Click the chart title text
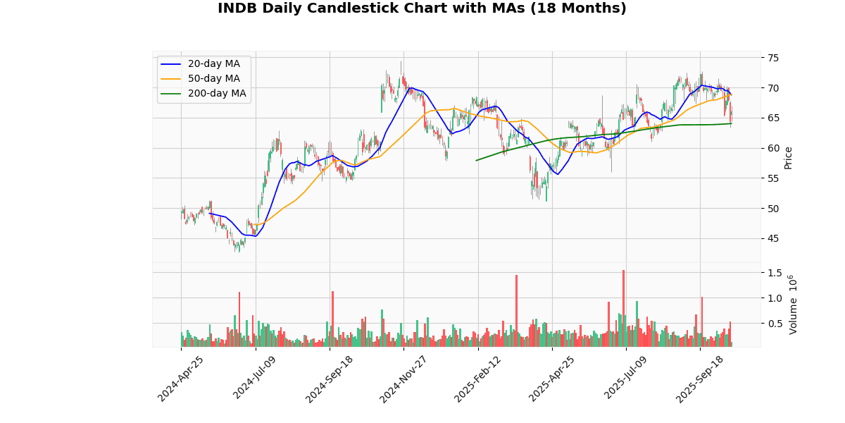click(x=422, y=8)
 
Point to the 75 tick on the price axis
click(x=772, y=58)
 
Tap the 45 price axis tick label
click(x=772, y=238)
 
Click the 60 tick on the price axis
click(x=772, y=148)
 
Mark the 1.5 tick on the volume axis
click(x=775, y=273)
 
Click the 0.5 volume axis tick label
click(x=775, y=324)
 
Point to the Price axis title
click(x=789, y=157)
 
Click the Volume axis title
click(x=794, y=305)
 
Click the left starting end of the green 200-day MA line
click(x=477, y=160)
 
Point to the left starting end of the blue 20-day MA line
click(x=210, y=213)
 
